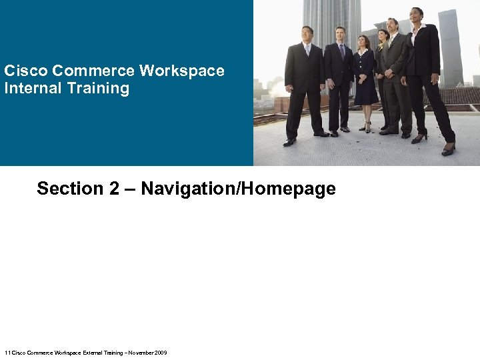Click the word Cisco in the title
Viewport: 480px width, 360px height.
(x=25, y=71)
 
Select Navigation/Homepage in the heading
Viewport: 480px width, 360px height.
(x=238, y=189)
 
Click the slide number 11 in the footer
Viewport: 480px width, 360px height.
(x=7, y=353)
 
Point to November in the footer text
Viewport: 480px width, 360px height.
(x=141, y=353)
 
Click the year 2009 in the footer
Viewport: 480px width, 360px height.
(x=161, y=353)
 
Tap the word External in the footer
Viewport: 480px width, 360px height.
(x=94, y=353)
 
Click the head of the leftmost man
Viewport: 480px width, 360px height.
(x=307, y=33)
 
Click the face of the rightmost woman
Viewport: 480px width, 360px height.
(x=417, y=15)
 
